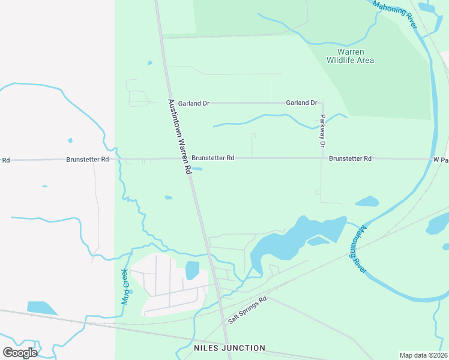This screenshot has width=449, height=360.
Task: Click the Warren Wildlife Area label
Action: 350,56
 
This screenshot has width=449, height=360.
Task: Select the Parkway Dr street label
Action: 322,131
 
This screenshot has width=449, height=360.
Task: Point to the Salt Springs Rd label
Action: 247,310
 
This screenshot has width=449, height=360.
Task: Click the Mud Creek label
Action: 125,286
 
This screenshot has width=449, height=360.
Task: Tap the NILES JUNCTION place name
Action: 229,348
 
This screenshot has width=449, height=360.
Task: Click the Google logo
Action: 20,352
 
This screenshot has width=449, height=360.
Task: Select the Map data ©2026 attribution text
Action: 423,355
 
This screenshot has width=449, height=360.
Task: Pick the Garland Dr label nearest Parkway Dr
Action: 301,103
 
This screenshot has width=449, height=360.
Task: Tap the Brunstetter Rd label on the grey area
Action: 88,160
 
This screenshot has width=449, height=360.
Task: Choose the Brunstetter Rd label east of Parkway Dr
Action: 351,158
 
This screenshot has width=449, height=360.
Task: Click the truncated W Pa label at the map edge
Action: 441,160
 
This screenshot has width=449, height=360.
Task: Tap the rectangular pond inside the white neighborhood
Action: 192,271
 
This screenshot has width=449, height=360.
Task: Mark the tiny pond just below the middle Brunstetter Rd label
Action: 197,169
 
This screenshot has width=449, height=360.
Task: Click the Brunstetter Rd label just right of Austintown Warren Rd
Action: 213,158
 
